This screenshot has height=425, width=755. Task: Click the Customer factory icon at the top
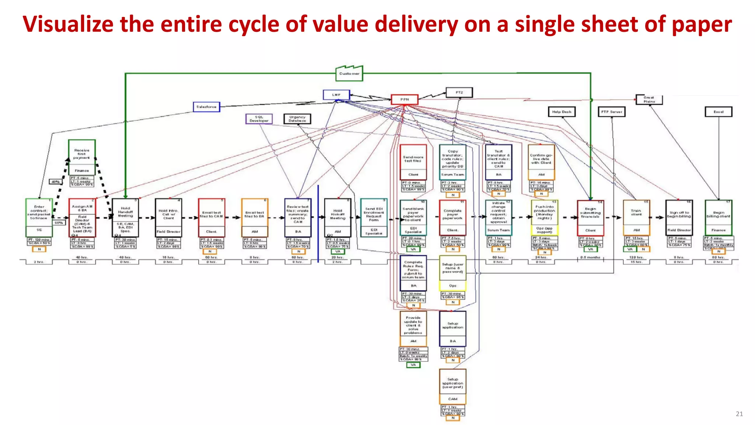(349, 73)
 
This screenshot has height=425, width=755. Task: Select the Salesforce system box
(206, 107)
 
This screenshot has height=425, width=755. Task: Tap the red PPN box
(404, 100)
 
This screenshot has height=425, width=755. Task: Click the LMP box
(336, 95)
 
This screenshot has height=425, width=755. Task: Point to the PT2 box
(459, 93)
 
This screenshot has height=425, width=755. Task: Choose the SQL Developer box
(259, 119)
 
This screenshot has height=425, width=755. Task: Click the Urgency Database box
(297, 119)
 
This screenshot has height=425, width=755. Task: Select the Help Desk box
(561, 112)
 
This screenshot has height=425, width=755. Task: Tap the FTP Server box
(612, 112)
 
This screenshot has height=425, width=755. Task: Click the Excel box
(718, 112)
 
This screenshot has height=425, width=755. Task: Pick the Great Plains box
(649, 100)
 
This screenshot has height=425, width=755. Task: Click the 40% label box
(56, 182)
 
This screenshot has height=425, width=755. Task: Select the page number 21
(739, 414)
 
